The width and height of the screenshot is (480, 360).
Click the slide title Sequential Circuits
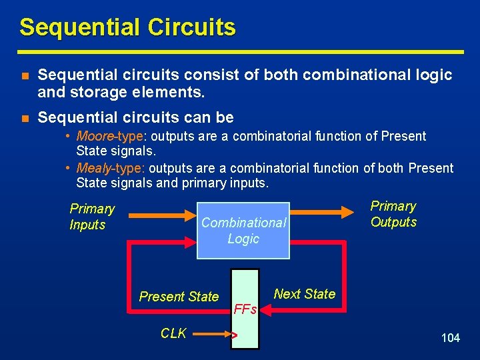pos(127,27)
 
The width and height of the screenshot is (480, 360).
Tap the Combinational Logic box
pos(243,230)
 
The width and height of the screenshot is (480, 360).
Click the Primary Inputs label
pos(91,217)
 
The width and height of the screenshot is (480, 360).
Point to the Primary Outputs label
pos(393,214)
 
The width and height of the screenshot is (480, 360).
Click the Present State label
pos(179,297)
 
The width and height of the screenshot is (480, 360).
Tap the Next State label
pos(305,294)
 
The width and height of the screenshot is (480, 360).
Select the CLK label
pos(173,333)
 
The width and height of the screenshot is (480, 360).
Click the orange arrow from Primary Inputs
pos(160,215)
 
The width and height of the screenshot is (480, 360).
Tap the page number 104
pos(451,338)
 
